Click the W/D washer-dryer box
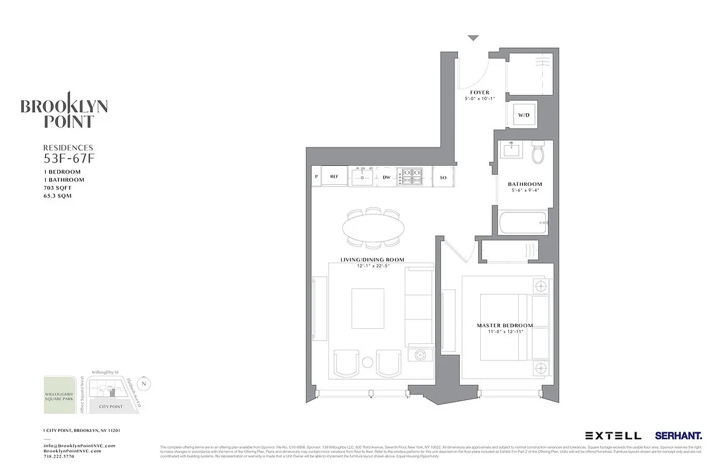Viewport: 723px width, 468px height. [522, 115]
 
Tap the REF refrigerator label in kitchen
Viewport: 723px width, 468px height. [334, 176]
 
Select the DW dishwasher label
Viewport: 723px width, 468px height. [386, 177]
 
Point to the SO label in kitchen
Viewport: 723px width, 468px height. [443, 177]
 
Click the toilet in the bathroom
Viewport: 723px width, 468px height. [538, 154]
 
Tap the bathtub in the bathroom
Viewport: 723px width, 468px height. [522, 223]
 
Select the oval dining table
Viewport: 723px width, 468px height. [373, 226]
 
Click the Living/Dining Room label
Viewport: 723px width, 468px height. [373, 260]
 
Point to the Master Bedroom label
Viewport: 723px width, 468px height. [505, 325]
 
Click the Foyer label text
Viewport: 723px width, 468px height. [480, 92]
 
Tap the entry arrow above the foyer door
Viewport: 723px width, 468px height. [473, 38]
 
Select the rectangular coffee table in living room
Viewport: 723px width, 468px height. [367, 308]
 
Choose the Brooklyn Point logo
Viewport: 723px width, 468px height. [64, 112]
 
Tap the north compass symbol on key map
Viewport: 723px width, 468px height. [145, 384]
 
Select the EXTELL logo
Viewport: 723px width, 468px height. [612, 436]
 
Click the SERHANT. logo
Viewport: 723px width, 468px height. [679, 436]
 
